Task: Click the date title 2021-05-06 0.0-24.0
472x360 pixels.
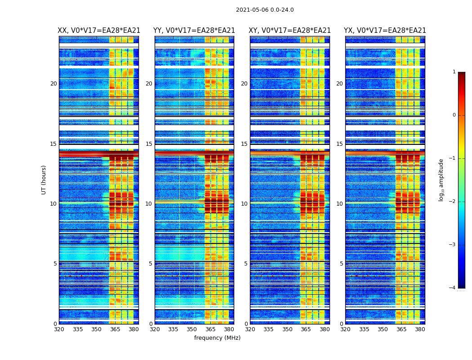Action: point(265,10)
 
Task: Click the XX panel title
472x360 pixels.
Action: point(99,31)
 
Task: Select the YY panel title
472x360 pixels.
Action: point(194,31)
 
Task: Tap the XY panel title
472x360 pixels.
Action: point(289,31)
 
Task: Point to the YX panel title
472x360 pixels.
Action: point(385,31)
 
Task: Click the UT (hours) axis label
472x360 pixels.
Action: point(44,180)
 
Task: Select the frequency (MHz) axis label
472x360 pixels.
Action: point(217,338)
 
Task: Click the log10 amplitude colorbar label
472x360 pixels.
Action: point(441,180)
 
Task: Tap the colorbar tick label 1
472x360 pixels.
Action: point(454,72)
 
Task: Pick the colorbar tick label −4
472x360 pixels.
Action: point(453,288)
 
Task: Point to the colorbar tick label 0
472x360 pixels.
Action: point(454,115)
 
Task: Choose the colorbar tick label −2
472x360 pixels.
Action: point(453,202)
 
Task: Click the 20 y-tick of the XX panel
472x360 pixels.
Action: point(53,84)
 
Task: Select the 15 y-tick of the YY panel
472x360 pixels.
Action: point(149,144)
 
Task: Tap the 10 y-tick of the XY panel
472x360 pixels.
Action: point(244,204)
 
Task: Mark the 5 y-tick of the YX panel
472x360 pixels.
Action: point(341,264)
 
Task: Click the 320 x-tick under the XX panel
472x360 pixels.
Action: point(59,329)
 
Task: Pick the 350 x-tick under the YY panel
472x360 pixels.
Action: point(192,329)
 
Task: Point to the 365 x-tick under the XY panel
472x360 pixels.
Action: point(306,329)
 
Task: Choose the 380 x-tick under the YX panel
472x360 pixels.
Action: point(420,329)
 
